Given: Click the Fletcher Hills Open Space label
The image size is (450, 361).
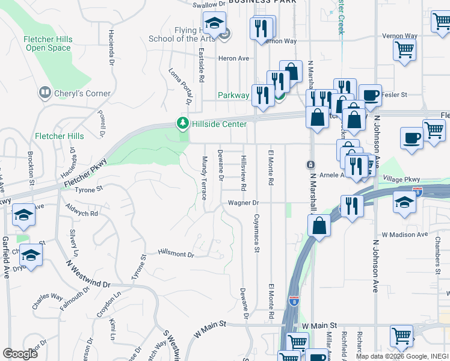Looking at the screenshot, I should click(48, 44).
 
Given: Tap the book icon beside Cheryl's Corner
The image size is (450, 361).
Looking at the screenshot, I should click(45, 93).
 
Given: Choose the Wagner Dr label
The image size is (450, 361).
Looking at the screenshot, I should click(243, 203).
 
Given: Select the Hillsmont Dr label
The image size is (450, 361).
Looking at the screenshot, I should click(176, 255).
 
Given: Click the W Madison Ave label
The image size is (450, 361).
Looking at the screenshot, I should click(404, 234).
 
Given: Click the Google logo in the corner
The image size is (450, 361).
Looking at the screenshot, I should click(20, 354).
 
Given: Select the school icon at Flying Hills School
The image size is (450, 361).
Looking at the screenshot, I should click(214, 25).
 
